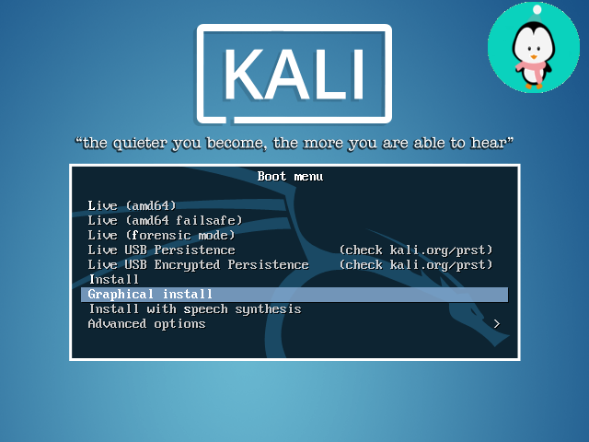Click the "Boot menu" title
click(290, 176)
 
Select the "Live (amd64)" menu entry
click(132, 205)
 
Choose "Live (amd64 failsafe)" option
click(165, 220)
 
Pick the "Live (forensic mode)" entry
click(161, 236)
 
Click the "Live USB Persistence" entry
click(162, 250)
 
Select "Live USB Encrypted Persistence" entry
click(199, 264)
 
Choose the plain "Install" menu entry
click(114, 279)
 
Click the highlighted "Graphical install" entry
click(150, 295)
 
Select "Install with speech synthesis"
click(195, 309)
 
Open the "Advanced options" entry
click(147, 323)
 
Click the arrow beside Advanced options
click(497, 323)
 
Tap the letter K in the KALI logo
click(245, 74)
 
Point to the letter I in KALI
click(358, 74)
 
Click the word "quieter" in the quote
click(139, 144)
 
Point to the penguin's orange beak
click(534, 57)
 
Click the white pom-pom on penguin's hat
click(537, 9)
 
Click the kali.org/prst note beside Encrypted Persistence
click(416, 265)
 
